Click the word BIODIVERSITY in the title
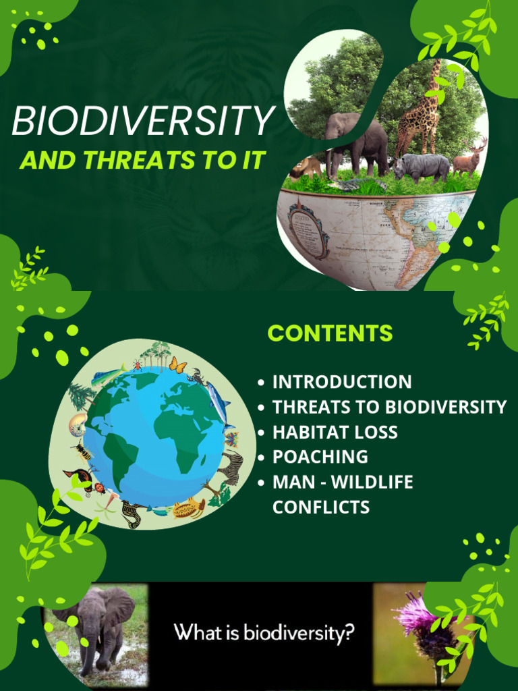tap(142, 122)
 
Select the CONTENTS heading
tap(330, 333)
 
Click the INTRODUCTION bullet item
tap(341, 382)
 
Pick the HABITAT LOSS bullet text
tap(335, 432)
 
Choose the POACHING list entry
tap(320, 457)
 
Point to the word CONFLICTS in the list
tap(320, 507)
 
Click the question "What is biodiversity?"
tap(264, 633)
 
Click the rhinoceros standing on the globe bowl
tap(422, 165)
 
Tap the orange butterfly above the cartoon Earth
tap(177, 365)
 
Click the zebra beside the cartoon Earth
tap(232, 467)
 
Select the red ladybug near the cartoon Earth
tap(99, 487)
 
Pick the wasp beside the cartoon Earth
tap(83, 450)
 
